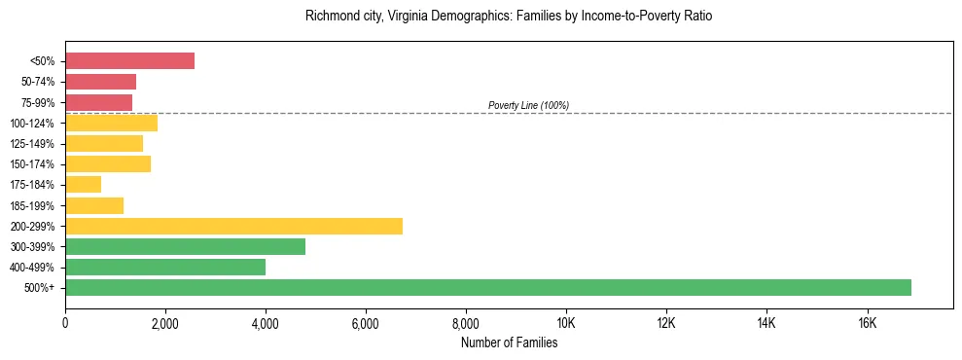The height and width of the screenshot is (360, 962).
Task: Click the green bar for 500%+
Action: [x=487, y=287]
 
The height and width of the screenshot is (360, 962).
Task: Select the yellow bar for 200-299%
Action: [x=233, y=226]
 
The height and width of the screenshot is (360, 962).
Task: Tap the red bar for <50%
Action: [x=129, y=61]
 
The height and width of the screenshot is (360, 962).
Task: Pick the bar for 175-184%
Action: [x=83, y=185]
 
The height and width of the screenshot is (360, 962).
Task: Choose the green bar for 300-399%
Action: [x=185, y=246]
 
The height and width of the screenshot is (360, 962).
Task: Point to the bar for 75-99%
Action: [x=98, y=102]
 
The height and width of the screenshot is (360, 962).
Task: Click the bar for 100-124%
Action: [x=111, y=123]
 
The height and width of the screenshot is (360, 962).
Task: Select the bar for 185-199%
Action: [x=94, y=205]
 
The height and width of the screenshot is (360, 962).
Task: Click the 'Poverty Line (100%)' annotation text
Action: [x=528, y=105]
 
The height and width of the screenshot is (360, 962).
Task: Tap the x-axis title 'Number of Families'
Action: [x=509, y=342]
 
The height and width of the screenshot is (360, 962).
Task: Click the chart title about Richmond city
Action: [x=509, y=17]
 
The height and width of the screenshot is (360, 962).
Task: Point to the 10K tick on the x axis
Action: [x=566, y=323]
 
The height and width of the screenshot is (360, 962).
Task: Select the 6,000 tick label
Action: [x=366, y=323]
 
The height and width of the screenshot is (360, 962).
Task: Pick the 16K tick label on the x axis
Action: [x=867, y=323]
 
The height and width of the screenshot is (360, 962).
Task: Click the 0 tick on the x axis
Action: [x=65, y=323]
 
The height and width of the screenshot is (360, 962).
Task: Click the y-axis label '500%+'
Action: [x=39, y=288]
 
